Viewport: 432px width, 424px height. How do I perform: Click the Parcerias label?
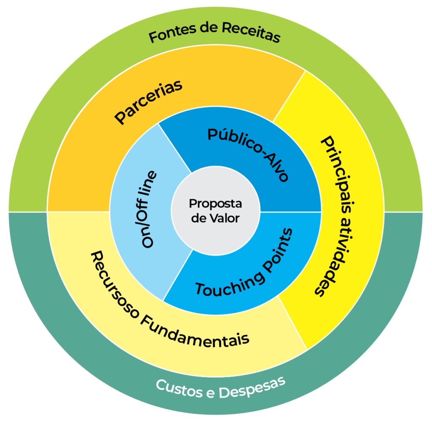click(x=148, y=102)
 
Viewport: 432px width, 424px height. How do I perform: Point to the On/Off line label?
click(x=149, y=210)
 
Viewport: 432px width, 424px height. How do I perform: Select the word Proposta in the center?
click(x=215, y=204)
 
